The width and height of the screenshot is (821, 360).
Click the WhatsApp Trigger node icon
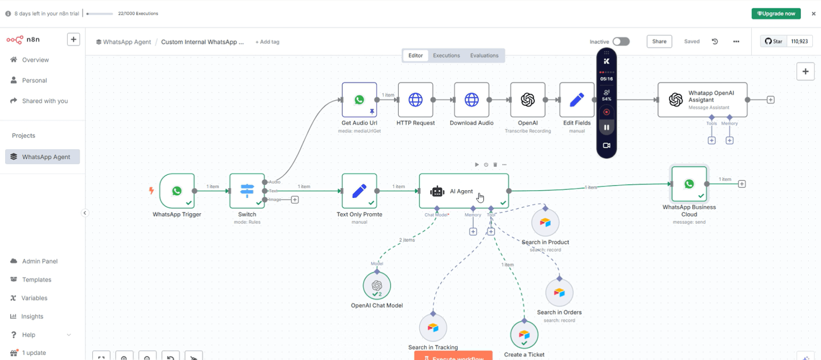[177, 191]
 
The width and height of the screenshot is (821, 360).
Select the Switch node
[247, 191]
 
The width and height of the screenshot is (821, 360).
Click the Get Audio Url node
[359, 100]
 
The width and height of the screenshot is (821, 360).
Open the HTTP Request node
[415, 100]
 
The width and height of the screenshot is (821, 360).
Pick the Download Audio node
[472, 100]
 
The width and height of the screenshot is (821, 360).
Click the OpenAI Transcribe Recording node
[527, 100]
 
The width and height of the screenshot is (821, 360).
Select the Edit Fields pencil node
[577, 100]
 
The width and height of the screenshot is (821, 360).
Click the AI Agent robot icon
[437, 191]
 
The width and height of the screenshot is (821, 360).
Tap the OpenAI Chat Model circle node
[377, 286]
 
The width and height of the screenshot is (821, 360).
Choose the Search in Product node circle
[545, 223]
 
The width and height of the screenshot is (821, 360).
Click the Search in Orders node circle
[559, 292]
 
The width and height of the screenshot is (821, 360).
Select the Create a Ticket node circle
[524, 335]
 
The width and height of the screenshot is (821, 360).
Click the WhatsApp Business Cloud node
[689, 184]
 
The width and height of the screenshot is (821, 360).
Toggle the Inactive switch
[621, 42]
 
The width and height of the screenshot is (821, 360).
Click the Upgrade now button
[776, 14]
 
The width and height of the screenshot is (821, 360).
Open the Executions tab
[446, 55]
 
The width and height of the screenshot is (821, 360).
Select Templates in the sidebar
[36, 279]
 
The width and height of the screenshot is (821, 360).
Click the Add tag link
[267, 42]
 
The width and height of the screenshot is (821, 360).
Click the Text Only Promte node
[359, 191]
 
